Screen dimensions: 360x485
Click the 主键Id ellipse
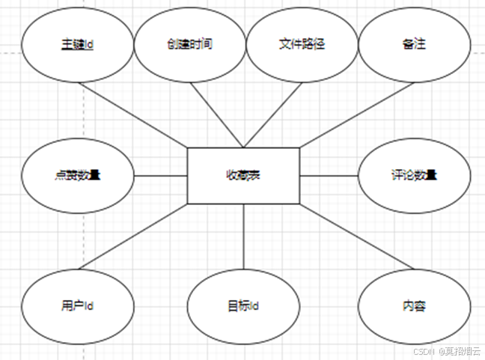(78, 44)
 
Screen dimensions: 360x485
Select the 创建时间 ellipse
(189, 44)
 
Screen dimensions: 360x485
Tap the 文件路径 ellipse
(302, 44)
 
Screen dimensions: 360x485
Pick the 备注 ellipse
(414, 44)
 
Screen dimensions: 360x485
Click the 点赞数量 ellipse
(78, 176)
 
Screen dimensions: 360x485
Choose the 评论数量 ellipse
(414, 176)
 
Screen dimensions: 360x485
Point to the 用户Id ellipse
(78, 306)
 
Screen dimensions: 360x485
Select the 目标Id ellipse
(243, 306)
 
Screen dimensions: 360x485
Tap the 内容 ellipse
(414, 306)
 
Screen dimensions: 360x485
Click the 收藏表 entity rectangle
(243, 176)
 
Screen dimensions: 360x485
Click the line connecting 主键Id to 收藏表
(133, 115)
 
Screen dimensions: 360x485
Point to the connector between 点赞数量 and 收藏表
(160, 176)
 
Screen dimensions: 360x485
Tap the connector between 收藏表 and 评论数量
(329, 176)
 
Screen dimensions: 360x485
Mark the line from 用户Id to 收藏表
(133, 236)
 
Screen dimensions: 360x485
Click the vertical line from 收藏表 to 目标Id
(244, 236)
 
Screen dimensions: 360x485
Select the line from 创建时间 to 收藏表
(216, 115)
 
